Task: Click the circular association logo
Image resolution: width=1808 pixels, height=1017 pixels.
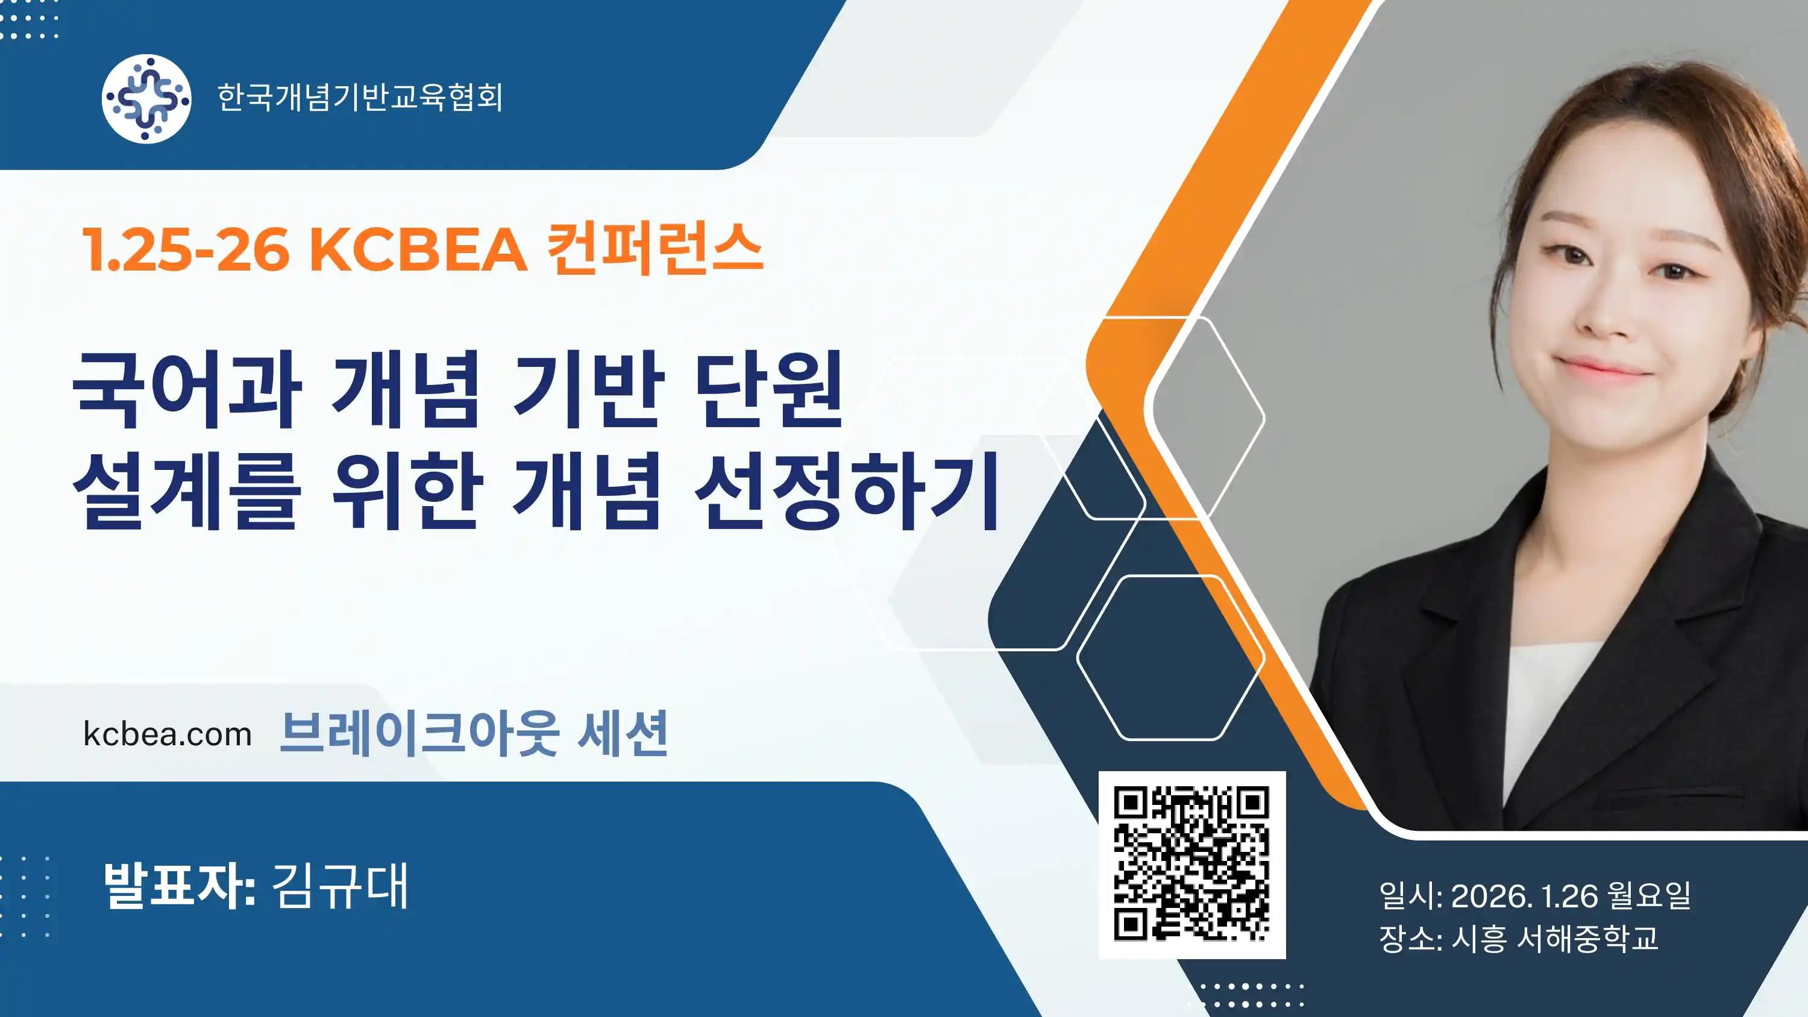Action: click(x=146, y=98)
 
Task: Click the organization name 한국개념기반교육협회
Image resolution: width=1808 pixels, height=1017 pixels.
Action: click(x=360, y=98)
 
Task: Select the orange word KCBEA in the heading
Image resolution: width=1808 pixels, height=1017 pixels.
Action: click(x=419, y=248)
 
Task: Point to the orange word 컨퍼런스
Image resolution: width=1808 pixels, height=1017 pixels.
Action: click(x=656, y=248)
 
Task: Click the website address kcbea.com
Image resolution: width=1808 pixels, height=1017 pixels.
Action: click(x=167, y=734)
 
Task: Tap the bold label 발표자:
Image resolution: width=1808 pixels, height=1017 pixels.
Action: click(x=178, y=886)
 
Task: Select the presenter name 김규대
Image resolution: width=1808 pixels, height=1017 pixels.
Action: click(x=339, y=886)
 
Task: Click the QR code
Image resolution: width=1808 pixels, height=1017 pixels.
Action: click(x=1191, y=865)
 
